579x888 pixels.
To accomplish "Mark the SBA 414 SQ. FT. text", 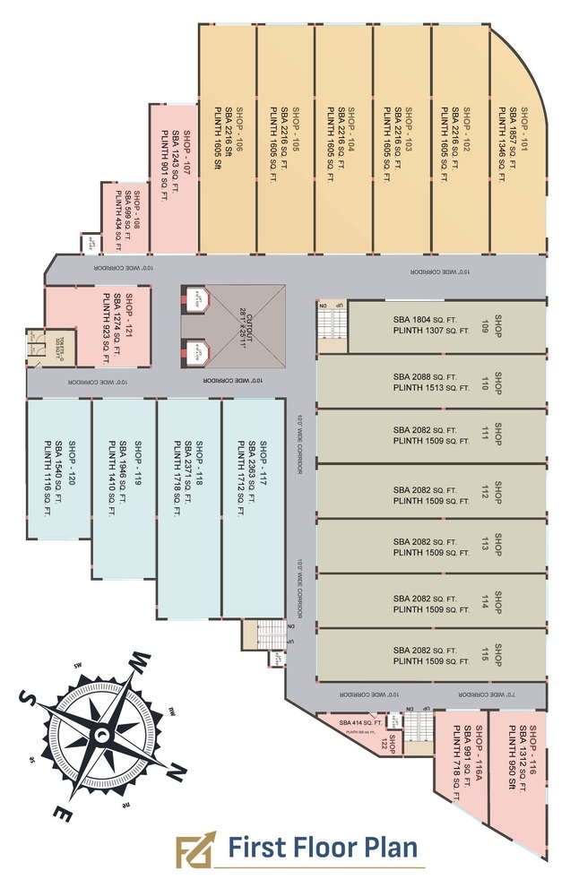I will [x=361, y=722].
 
